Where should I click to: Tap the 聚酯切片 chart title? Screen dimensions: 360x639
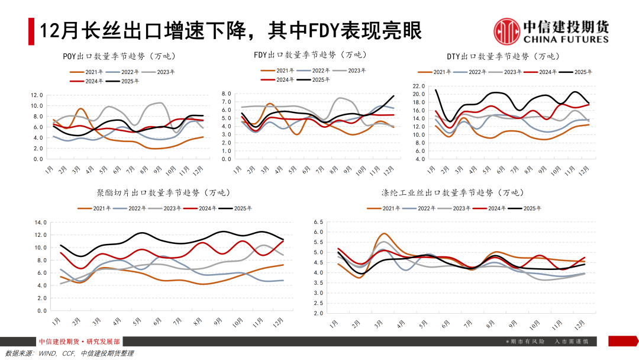[x=163, y=193]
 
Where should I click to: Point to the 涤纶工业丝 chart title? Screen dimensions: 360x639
[x=452, y=193]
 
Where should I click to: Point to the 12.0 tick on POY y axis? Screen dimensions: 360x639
[x=37, y=95]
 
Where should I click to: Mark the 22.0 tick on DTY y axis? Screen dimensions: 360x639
[x=419, y=86]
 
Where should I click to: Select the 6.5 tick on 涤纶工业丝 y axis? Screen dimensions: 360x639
[x=318, y=222]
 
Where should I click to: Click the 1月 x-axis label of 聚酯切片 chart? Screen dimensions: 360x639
[x=56, y=321]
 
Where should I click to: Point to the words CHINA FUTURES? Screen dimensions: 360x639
[x=566, y=39]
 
